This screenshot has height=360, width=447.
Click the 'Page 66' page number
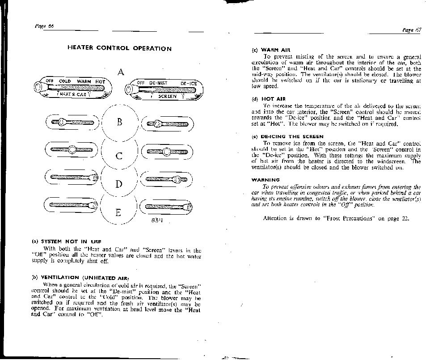click(x=44, y=26)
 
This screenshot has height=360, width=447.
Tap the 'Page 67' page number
click(x=412, y=30)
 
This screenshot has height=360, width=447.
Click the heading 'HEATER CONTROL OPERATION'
click(x=119, y=48)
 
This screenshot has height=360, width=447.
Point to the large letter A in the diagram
click(x=121, y=72)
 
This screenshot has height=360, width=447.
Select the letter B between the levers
click(x=119, y=122)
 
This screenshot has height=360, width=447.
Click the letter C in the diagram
click(x=119, y=156)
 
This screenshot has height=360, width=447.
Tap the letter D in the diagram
click(x=119, y=183)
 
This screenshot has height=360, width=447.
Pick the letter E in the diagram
click(x=118, y=212)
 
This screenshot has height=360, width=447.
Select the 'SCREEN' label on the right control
click(x=168, y=96)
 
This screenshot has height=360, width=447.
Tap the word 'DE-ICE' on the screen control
click(x=189, y=84)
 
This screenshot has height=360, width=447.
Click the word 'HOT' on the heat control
click(x=100, y=81)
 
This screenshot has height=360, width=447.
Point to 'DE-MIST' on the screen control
click(x=158, y=83)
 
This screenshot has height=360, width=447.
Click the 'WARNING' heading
click(x=266, y=180)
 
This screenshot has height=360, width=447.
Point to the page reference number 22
click(x=405, y=218)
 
